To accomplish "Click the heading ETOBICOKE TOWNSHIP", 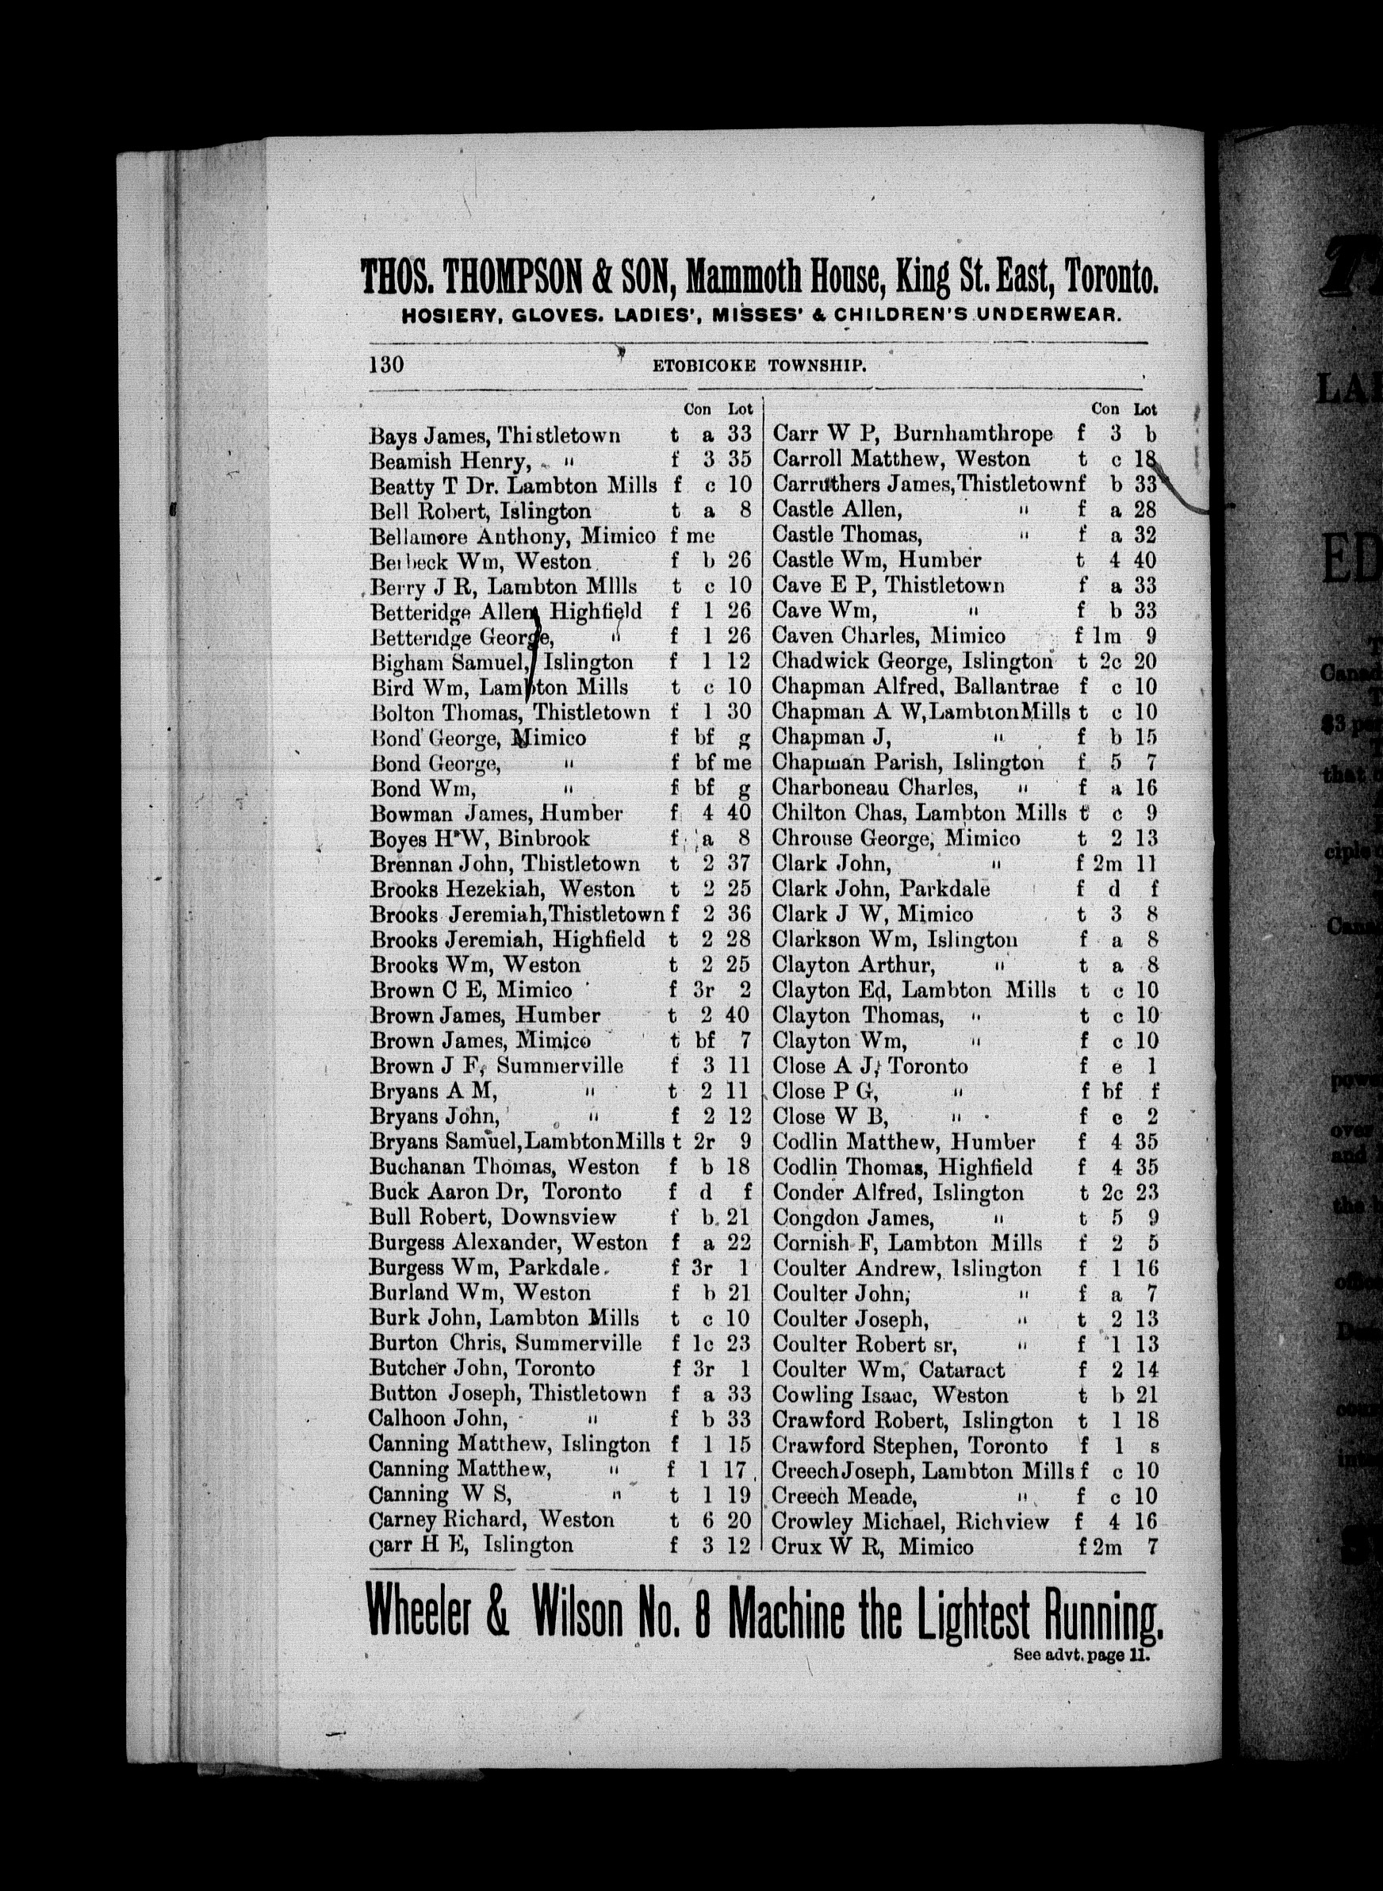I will point(760,366).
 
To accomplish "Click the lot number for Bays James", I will point(739,435).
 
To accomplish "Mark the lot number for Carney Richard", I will point(739,1521).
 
